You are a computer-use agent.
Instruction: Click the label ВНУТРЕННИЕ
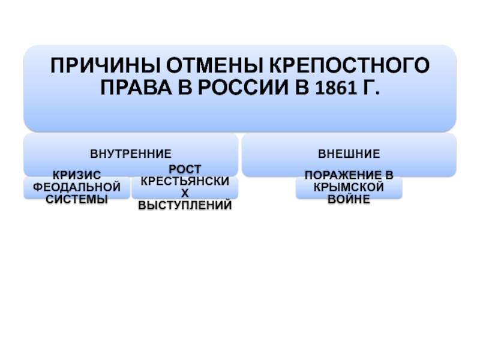pyautogui.click(x=131, y=154)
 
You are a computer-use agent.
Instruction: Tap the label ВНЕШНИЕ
pyautogui.click(x=349, y=154)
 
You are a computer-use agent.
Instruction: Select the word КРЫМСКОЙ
pyautogui.click(x=349, y=187)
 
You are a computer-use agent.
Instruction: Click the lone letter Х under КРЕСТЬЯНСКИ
pyautogui.click(x=185, y=193)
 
